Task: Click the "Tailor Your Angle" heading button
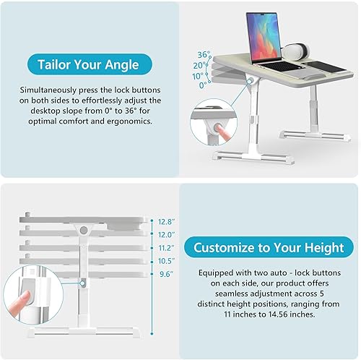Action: [x=90, y=64]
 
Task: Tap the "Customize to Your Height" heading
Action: [x=269, y=247]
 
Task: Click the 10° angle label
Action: [x=199, y=74]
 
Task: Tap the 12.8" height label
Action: [x=167, y=222]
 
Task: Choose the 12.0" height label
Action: [x=167, y=235]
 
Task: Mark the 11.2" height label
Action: [x=167, y=247]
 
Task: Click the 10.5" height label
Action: [x=167, y=260]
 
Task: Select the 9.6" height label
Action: [x=167, y=273]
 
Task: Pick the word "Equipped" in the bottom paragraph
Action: [x=219, y=273]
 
